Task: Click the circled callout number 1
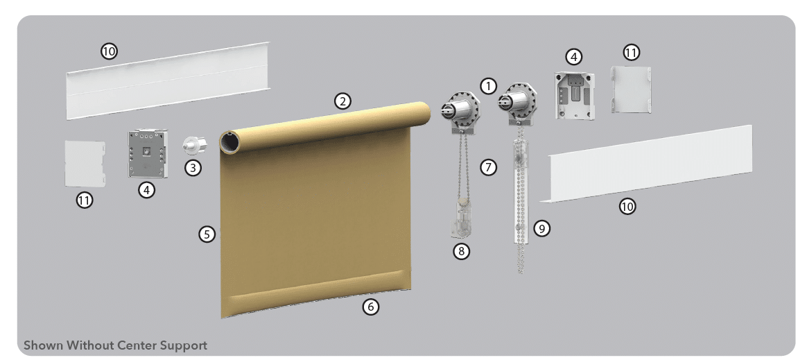coord(488,86)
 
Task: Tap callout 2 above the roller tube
coord(342,101)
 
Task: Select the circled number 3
coord(193,167)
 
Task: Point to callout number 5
coord(207,234)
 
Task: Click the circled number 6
coord(370,307)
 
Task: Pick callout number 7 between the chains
coord(488,167)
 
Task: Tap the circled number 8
coord(461,251)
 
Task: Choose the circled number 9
coord(541,228)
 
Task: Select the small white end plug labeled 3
coord(194,145)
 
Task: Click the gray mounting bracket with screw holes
coord(147,153)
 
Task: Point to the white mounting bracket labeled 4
coord(575,96)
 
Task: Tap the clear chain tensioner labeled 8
coord(461,219)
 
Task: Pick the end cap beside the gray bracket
coord(85,164)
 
